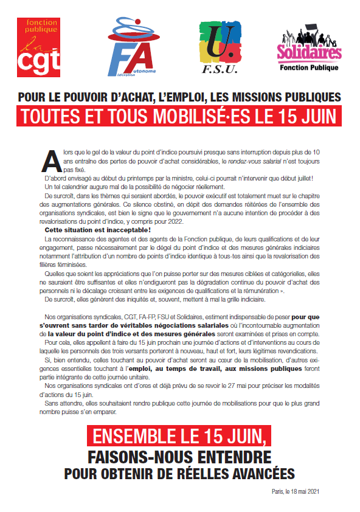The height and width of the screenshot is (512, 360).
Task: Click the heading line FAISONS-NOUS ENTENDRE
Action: click(179, 456)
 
